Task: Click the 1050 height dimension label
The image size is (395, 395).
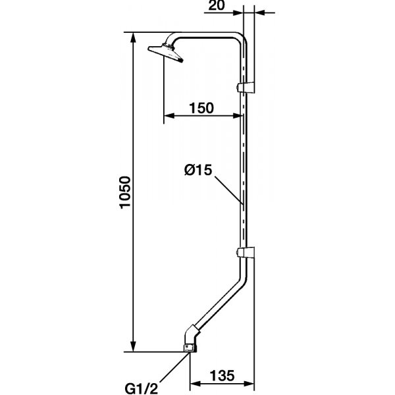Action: click(x=125, y=192)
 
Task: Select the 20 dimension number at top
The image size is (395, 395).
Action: click(x=217, y=5)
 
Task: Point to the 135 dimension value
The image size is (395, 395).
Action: click(x=223, y=375)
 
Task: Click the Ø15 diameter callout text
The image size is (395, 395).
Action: click(x=198, y=170)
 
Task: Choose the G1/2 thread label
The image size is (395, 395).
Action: click(x=142, y=388)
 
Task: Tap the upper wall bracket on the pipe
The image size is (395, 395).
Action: click(x=246, y=87)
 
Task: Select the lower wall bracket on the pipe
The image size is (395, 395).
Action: click(x=246, y=252)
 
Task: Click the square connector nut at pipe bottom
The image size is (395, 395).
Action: click(x=190, y=348)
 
